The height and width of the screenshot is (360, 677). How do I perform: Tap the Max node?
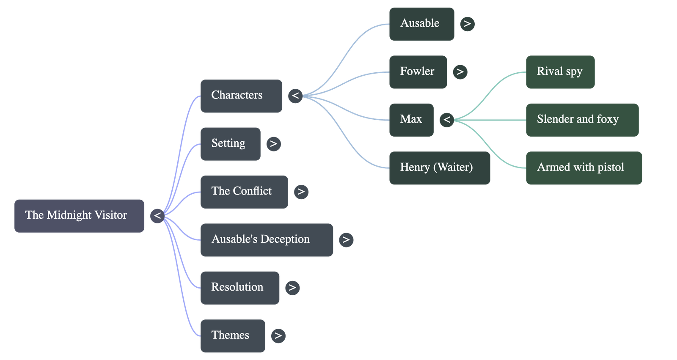(411, 120)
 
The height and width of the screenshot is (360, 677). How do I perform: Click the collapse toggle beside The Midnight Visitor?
(157, 216)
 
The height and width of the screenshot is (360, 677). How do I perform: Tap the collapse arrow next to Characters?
(295, 96)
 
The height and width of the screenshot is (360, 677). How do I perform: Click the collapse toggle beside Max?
(447, 120)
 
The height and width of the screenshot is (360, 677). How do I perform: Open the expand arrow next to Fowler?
(460, 72)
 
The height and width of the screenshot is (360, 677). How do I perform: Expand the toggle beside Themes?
(278, 336)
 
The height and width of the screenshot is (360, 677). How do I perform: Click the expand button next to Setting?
(273, 144)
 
